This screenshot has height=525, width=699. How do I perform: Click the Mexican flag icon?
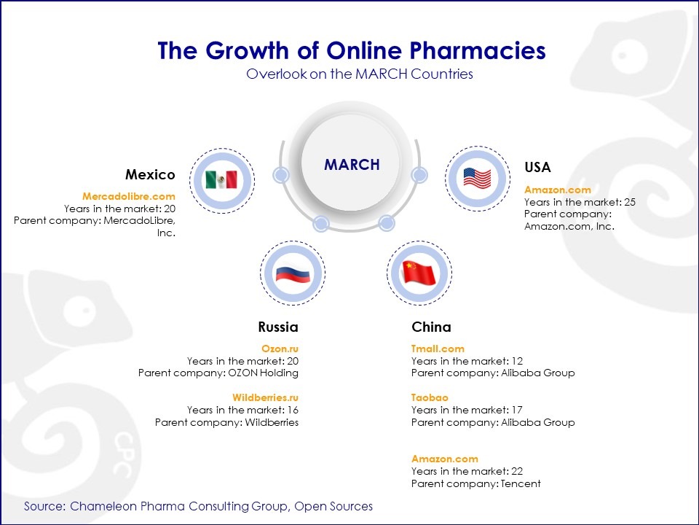coord(221,180)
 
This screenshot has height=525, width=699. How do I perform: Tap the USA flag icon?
coord(477,178)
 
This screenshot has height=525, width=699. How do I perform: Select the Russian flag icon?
coord(293,273)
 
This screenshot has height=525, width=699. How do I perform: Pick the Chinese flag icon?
coord(419,273)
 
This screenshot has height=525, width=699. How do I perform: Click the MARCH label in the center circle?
coord(352,165)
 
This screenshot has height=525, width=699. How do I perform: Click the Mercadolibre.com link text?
coord(129,196)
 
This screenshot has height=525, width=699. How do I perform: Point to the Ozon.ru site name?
coord(280,349)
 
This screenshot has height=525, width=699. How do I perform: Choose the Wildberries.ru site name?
coord(265,397)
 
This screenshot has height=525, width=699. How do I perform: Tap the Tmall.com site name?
coord(438,349)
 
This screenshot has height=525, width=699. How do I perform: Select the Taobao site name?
coord(430,397)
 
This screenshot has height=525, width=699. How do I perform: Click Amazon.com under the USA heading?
coord(558,190)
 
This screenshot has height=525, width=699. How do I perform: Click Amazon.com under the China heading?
coord(445,459)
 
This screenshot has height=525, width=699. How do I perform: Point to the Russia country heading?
coord(278,327)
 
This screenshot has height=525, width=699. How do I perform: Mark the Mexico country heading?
coord(150,174)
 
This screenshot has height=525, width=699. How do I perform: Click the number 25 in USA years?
coord(630,202)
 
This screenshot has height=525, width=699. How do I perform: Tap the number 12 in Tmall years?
coord(517,361)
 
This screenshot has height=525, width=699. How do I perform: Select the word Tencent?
coord(521,483)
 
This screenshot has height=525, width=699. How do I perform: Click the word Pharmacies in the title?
coord(478,50)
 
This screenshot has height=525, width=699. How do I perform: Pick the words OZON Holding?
coord(263,373)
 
